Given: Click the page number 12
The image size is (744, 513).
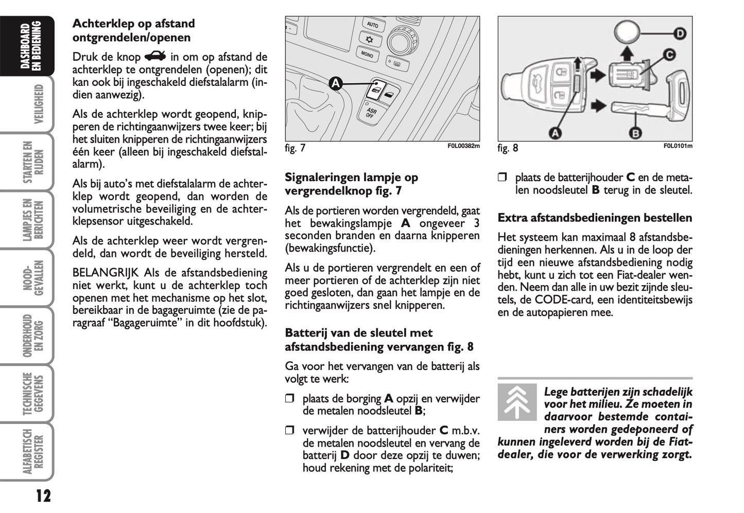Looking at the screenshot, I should (44, 496).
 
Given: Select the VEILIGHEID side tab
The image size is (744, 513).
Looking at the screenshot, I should (36, 104).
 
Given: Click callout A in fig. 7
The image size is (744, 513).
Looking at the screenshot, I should (335, 83).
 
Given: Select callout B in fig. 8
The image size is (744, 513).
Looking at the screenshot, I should (635, 133).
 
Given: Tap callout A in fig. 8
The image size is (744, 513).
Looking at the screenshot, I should (556, 133).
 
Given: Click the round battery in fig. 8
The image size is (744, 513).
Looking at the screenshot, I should (626, 34).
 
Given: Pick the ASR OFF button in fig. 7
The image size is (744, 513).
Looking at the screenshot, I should (370, 112).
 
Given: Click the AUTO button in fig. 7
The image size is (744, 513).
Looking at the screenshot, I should (372, 25).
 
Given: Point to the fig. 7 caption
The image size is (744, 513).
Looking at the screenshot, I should (295, 148).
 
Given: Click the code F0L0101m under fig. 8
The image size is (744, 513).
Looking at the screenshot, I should (678, 146).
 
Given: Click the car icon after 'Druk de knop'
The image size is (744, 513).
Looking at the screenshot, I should (155, 56).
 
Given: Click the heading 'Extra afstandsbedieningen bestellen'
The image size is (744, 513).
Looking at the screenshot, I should (595, 218).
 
